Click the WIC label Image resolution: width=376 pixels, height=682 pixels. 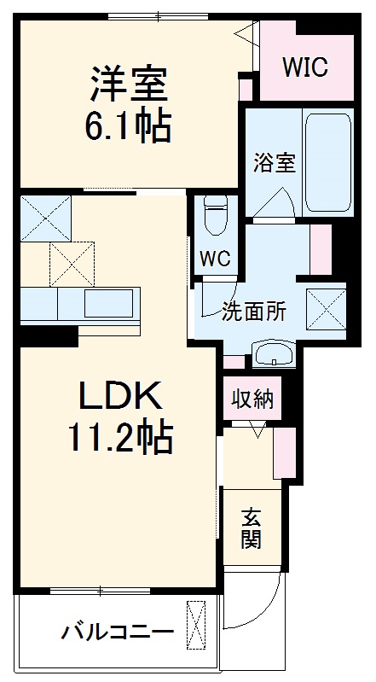pos(305,67)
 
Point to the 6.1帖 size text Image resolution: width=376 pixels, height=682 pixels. pos(128,128)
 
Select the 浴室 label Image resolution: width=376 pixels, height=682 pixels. pos(274,162)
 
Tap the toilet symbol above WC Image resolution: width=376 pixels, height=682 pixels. pos(215,215)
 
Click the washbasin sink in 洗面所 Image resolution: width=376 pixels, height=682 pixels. pos(273,354)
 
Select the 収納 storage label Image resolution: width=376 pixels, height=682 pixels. pos(252,398)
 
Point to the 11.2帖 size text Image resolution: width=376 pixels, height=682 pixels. pos(119,440)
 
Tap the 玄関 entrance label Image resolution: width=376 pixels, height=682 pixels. pos(251,528)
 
